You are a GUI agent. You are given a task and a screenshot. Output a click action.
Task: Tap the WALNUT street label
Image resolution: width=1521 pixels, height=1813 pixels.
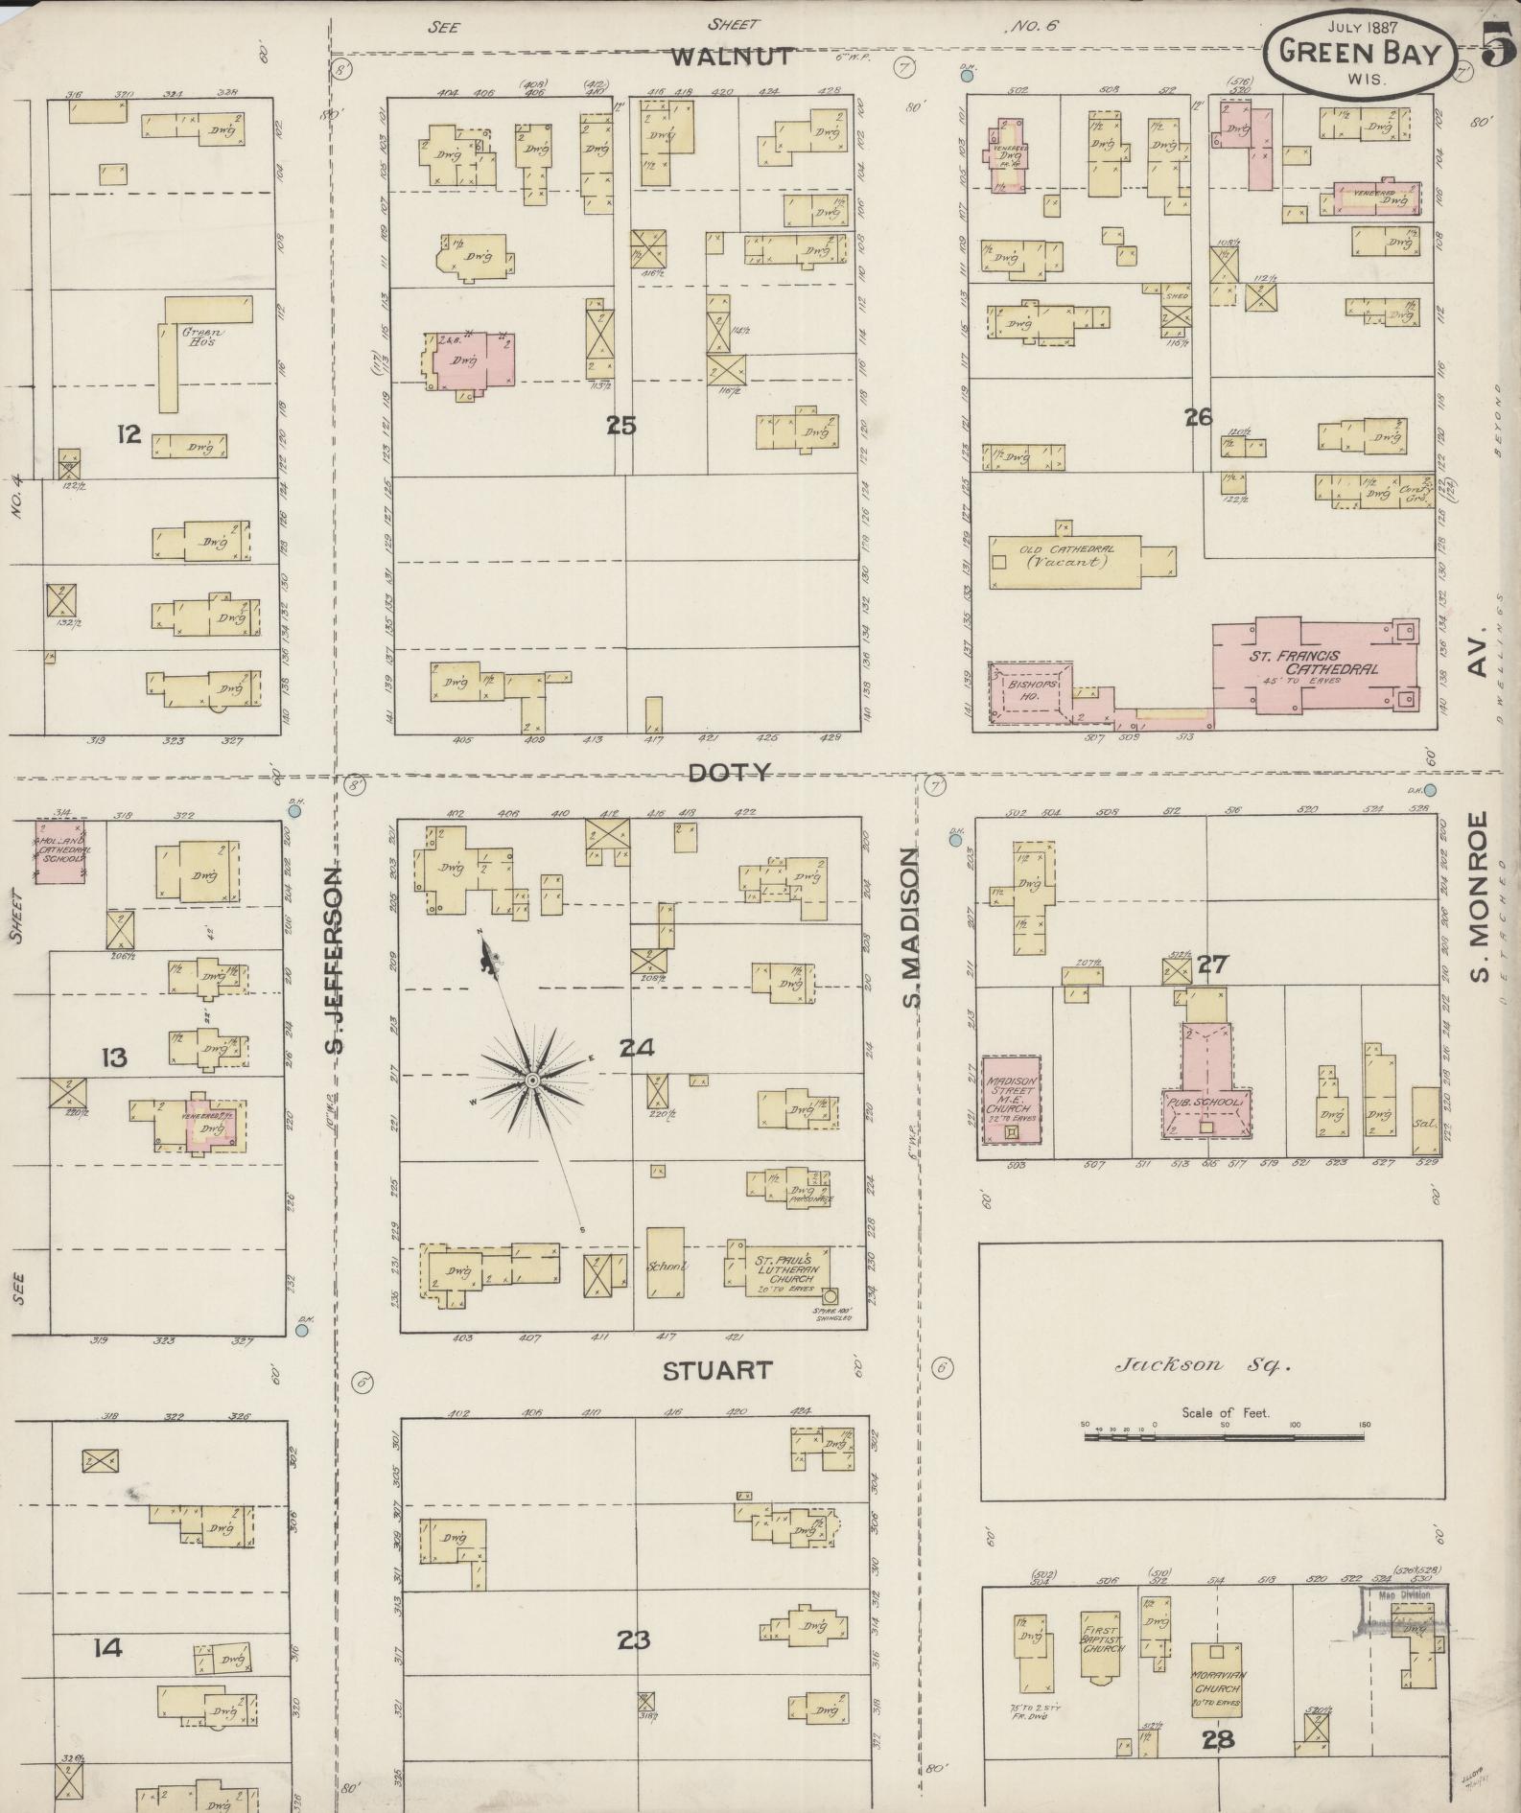pos(731,57)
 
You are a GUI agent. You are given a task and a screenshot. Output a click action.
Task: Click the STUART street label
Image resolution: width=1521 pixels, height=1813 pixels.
pos(717,1370)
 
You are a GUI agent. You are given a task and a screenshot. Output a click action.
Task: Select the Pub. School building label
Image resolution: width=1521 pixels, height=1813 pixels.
pos(1205,1104)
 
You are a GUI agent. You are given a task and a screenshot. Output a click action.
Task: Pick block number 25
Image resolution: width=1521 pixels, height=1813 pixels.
pos(621,425)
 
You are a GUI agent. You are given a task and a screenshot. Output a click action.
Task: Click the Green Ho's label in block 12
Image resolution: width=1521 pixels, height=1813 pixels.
pos(203,337)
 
